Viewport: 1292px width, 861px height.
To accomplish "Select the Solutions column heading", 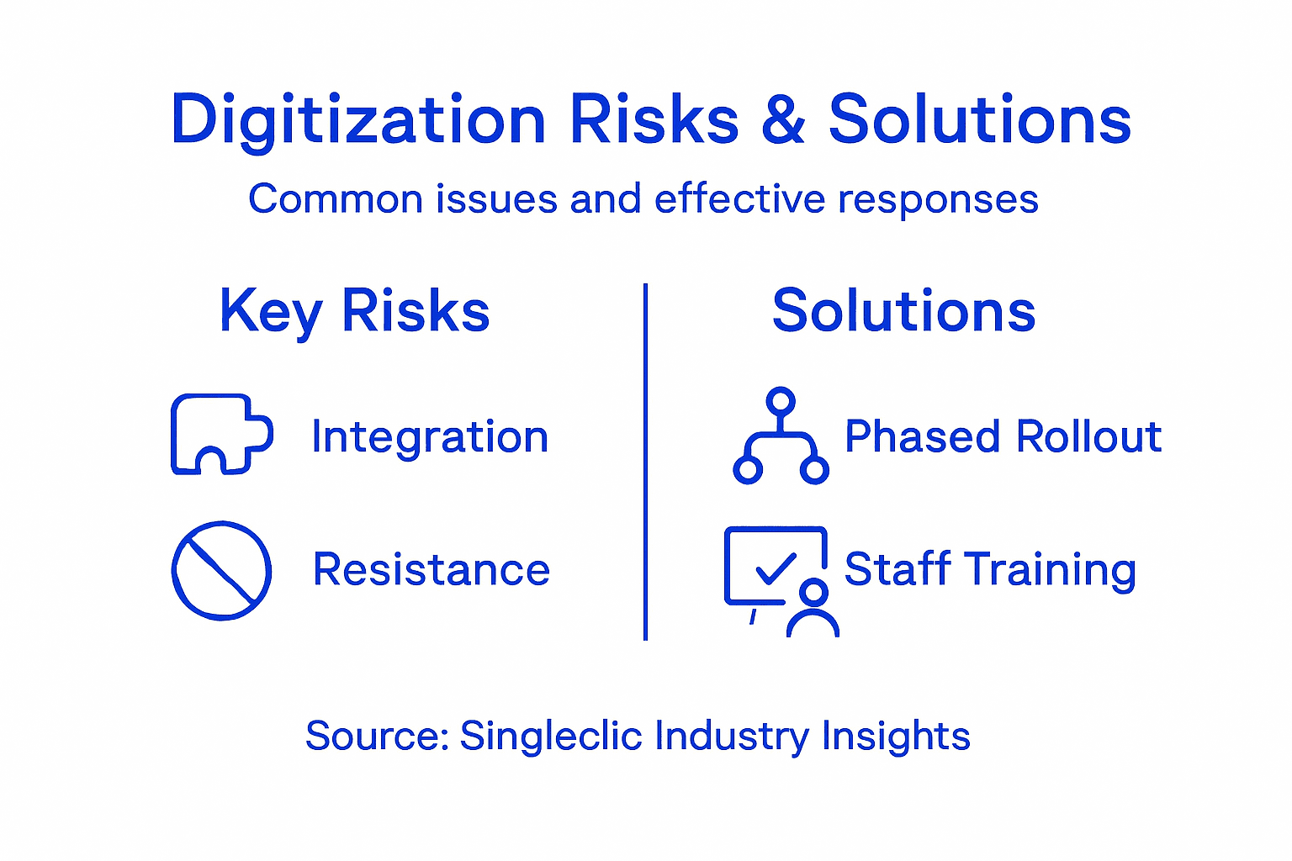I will point(903,311).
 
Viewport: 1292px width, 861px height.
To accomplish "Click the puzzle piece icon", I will point(221,434).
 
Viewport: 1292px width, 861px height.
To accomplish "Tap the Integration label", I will point(429,437).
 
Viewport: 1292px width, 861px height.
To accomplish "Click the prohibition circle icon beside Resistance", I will point(221,570).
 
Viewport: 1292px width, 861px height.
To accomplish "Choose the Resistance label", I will point(431,569).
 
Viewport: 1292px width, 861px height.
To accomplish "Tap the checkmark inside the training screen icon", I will point(776,568).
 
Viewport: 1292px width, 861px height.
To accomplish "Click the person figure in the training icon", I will point(813,610).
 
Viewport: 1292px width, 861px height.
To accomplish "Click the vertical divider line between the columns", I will point(645,462).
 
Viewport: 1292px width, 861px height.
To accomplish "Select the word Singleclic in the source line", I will point(551,736).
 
